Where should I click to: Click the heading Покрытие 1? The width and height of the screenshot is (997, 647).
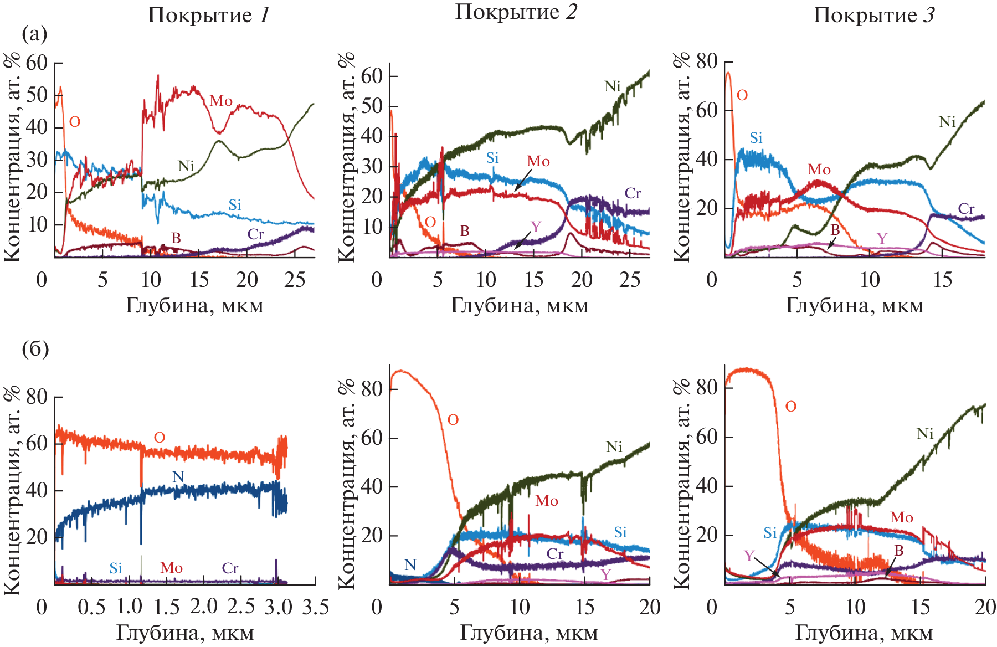(x=208, y=15)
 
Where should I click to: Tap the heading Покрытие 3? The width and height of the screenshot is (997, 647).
(x=873, y=15)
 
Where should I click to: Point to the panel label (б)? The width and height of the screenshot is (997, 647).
(x=35, y=349)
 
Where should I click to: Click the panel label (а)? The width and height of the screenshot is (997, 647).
(x=34, y=34)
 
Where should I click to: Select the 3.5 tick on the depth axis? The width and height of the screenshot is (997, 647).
(x=316, y=607)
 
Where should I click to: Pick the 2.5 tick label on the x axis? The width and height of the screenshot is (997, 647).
(x=241, y=607)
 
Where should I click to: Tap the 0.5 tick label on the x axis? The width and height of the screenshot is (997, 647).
(x=91, y=607)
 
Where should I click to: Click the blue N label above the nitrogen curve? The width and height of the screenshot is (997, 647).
(x=178, y=477)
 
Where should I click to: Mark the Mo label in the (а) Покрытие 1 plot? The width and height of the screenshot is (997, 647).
(x=221, y=101)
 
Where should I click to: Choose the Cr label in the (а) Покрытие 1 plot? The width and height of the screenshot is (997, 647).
(x=255, y=234)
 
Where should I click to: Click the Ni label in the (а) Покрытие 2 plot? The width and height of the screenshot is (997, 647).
(x=612, y=86)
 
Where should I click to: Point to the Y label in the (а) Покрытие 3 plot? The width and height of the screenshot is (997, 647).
(x=882, y=238)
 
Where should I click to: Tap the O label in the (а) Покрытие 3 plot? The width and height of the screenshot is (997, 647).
(x=742, y=95)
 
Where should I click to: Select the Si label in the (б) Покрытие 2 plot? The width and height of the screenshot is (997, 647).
(x=620, y=532)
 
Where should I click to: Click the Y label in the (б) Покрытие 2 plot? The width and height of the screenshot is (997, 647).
(x=606, y=575)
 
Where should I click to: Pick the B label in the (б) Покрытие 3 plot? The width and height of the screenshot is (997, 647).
(x=898, y=551)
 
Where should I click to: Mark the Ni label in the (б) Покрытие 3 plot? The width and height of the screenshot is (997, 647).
(x=925, y=433)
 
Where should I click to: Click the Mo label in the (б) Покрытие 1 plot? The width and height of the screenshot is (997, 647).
(x=171, y=568)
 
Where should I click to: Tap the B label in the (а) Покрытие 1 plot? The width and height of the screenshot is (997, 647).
(x=176, y=238)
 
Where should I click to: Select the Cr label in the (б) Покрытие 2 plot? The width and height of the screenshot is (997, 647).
(x=555, y=554)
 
